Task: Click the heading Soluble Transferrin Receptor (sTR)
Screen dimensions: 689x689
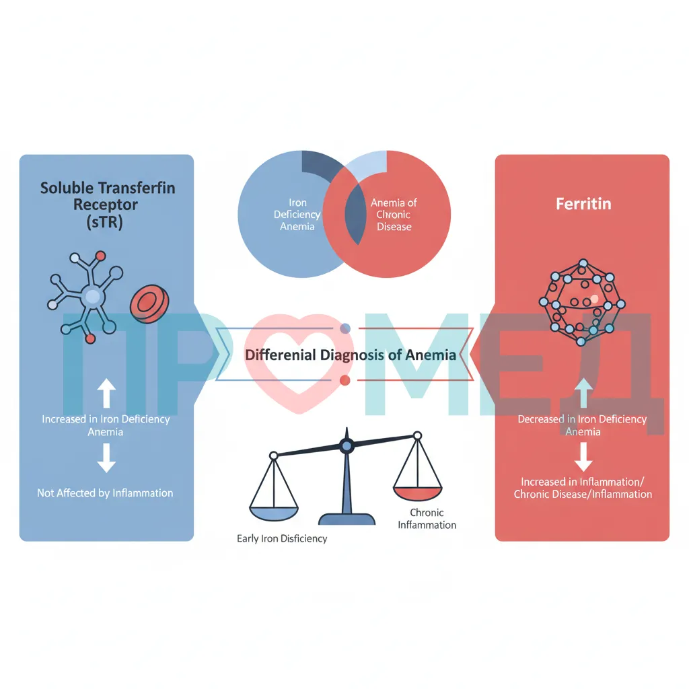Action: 107,205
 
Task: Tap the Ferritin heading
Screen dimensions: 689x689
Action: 583,204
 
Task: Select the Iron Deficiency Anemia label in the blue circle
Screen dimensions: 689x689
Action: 297,215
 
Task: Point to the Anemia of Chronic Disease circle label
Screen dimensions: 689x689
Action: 394,215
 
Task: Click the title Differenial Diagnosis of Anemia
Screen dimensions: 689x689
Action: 350,355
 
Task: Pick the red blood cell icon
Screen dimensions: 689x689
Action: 149,303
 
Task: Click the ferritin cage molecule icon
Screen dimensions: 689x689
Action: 582,302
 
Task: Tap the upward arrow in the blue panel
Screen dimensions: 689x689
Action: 106,393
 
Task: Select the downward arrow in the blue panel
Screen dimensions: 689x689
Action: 106,458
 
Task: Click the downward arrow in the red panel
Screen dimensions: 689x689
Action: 583,457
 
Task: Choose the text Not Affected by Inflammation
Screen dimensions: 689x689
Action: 105,493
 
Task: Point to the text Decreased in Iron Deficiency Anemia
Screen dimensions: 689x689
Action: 582,425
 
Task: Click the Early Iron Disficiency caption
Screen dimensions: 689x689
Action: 282,538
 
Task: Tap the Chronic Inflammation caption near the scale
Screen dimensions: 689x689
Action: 427,519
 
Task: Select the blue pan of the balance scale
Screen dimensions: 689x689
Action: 274,513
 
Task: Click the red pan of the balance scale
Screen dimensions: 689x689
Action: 417,493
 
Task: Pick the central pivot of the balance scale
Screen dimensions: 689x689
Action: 347,446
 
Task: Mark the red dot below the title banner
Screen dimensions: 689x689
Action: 345,381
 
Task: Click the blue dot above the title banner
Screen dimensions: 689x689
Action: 345,328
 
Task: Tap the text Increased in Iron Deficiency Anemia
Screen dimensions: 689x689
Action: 106,425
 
